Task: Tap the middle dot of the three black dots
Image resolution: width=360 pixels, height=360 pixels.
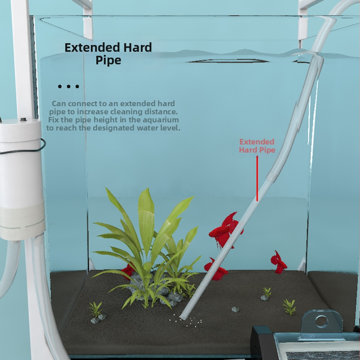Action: point(68,86)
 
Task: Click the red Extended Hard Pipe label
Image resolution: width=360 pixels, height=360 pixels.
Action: point(257,146)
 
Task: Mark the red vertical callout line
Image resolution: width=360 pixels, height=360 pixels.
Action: point(257,179)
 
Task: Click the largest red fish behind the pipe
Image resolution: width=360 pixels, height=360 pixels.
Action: point(225,231)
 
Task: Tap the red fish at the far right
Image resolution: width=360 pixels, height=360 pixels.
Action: point(279,263)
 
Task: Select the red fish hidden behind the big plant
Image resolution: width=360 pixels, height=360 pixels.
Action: point(128,271)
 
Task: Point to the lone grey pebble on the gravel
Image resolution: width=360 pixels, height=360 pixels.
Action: point(235,310)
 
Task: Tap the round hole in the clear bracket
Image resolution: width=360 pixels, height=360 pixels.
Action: point(321,322)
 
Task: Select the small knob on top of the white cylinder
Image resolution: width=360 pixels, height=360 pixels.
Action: point(22,119)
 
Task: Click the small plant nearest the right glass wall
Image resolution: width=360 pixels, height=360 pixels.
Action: point(289,307)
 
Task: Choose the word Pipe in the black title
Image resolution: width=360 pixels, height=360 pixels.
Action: point(108,61)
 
